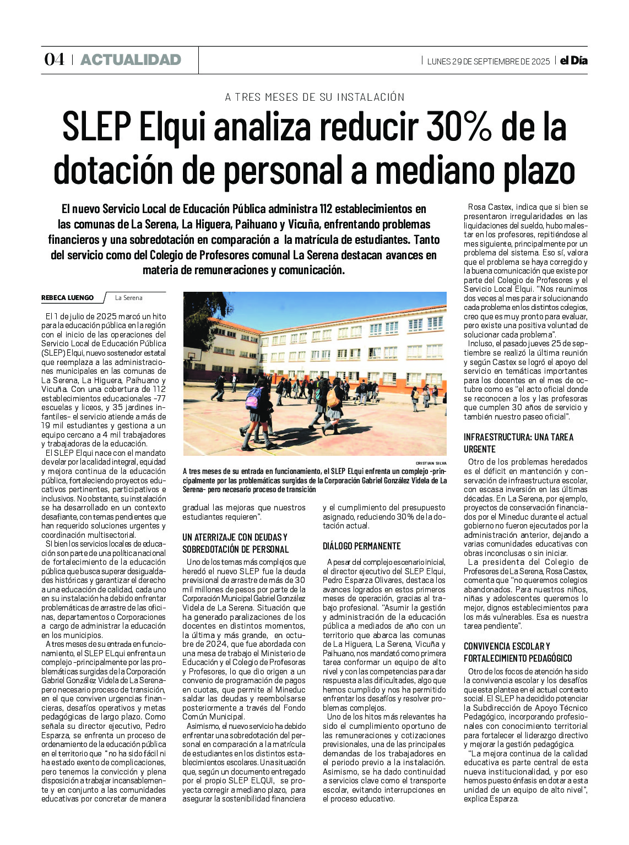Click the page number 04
tap(54, 60)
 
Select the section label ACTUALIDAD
tap(131, 60)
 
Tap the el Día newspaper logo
tap(573, 61)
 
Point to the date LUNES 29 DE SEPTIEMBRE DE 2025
tap(488, 61)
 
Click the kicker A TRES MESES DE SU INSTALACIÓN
tap(314, 97)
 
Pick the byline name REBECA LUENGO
tap(67, 298)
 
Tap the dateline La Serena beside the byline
tap(128, 298)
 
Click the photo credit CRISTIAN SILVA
tap(431, 464)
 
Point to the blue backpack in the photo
tap(253, 398)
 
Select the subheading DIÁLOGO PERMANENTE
tap(361, 546)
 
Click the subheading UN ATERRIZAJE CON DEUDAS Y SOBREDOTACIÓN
tap(235, 543)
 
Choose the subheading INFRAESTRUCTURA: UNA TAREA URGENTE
tap(518, 443)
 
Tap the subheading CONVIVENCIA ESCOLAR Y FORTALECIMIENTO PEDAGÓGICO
tap(518, 652)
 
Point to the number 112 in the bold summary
tap(327, 209)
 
